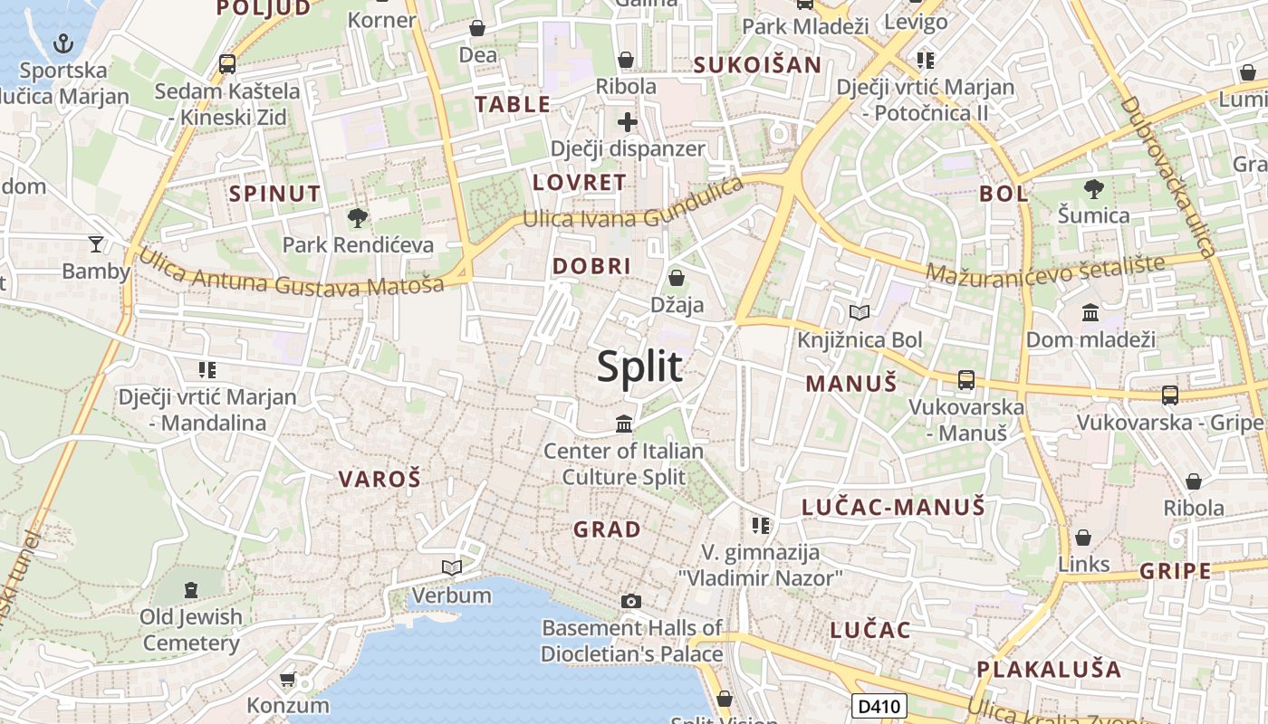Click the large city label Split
pyautogui.click(x=639, y=367)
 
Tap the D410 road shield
pyautogui.click(x=879, y=706)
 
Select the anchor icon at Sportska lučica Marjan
pyautogui.click(x=63, y=43)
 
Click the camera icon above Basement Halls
pyautogui.click(x=631, y=601)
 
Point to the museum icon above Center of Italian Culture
pyautogui.click(x=624, y=424)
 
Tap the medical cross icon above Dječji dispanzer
pyautogui.click(x=627, y=121)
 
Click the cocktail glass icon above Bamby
pyautogui.click(x=96, y=243)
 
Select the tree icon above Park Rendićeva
pyautogui.click(x=358, y=217)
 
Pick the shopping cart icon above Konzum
pyautogui.click(x=288, y=679)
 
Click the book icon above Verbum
pyautogui.click(x=451, y=568)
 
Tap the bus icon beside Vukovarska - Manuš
pyautogui.click(x=966, y=380)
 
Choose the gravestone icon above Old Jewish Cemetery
pyautogui.click(x=191, y=590)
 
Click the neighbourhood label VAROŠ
pyautogui.click(x=380, y=479)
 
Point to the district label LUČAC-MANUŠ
pyautogui.click(x=893, y=507)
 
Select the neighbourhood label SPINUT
pyautogui.click(x=274, y=193)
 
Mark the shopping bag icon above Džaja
pyautogui.click(x=677, y=278)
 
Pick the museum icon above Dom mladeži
pyautogui.click(x=1090, y=313)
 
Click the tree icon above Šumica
pyautogui.click(x=1094, y=188)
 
